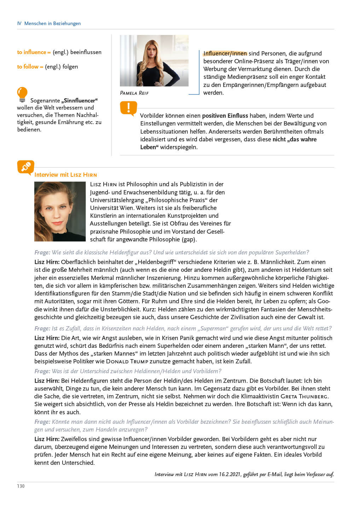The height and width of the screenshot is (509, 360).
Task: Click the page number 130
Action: [21, 486]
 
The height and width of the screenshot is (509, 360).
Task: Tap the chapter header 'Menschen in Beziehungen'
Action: [52, 23]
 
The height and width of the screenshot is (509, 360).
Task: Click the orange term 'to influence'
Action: [32, 52]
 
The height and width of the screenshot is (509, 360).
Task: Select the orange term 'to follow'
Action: [28, 66]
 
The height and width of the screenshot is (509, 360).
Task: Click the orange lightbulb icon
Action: [22, 94]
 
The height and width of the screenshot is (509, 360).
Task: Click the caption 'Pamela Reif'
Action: [134, 93]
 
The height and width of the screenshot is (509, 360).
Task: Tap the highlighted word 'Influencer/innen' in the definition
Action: [225, 53]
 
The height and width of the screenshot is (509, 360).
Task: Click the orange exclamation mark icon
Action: [128, 108]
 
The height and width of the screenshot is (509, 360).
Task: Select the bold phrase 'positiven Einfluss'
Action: [225, 116]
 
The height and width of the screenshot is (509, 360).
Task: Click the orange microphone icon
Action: [25, 167]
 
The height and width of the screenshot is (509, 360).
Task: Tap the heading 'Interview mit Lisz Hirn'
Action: [65, 175]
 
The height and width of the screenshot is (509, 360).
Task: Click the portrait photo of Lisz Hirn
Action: [60, 211]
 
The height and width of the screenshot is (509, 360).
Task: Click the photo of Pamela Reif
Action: [154, 60]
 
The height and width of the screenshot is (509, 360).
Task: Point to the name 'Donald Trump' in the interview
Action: [127, 361]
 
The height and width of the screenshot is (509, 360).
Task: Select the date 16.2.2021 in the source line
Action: [230, 474]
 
